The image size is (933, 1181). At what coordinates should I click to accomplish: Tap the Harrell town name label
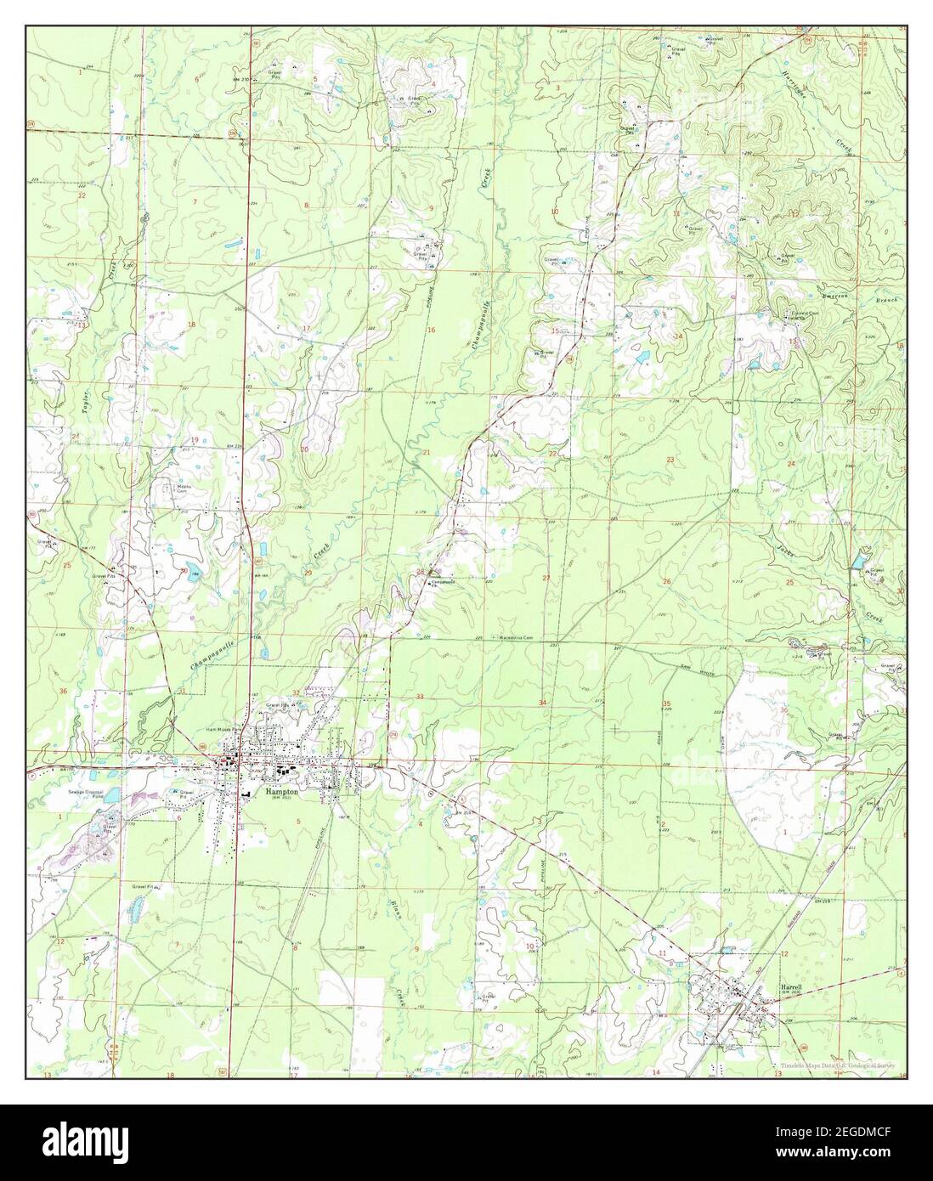pos(791,986)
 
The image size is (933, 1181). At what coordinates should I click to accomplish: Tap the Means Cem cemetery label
pos(183,489)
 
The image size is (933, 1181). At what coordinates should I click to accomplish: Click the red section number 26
pos(667,581)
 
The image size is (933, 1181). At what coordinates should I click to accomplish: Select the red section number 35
pos(667,704)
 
